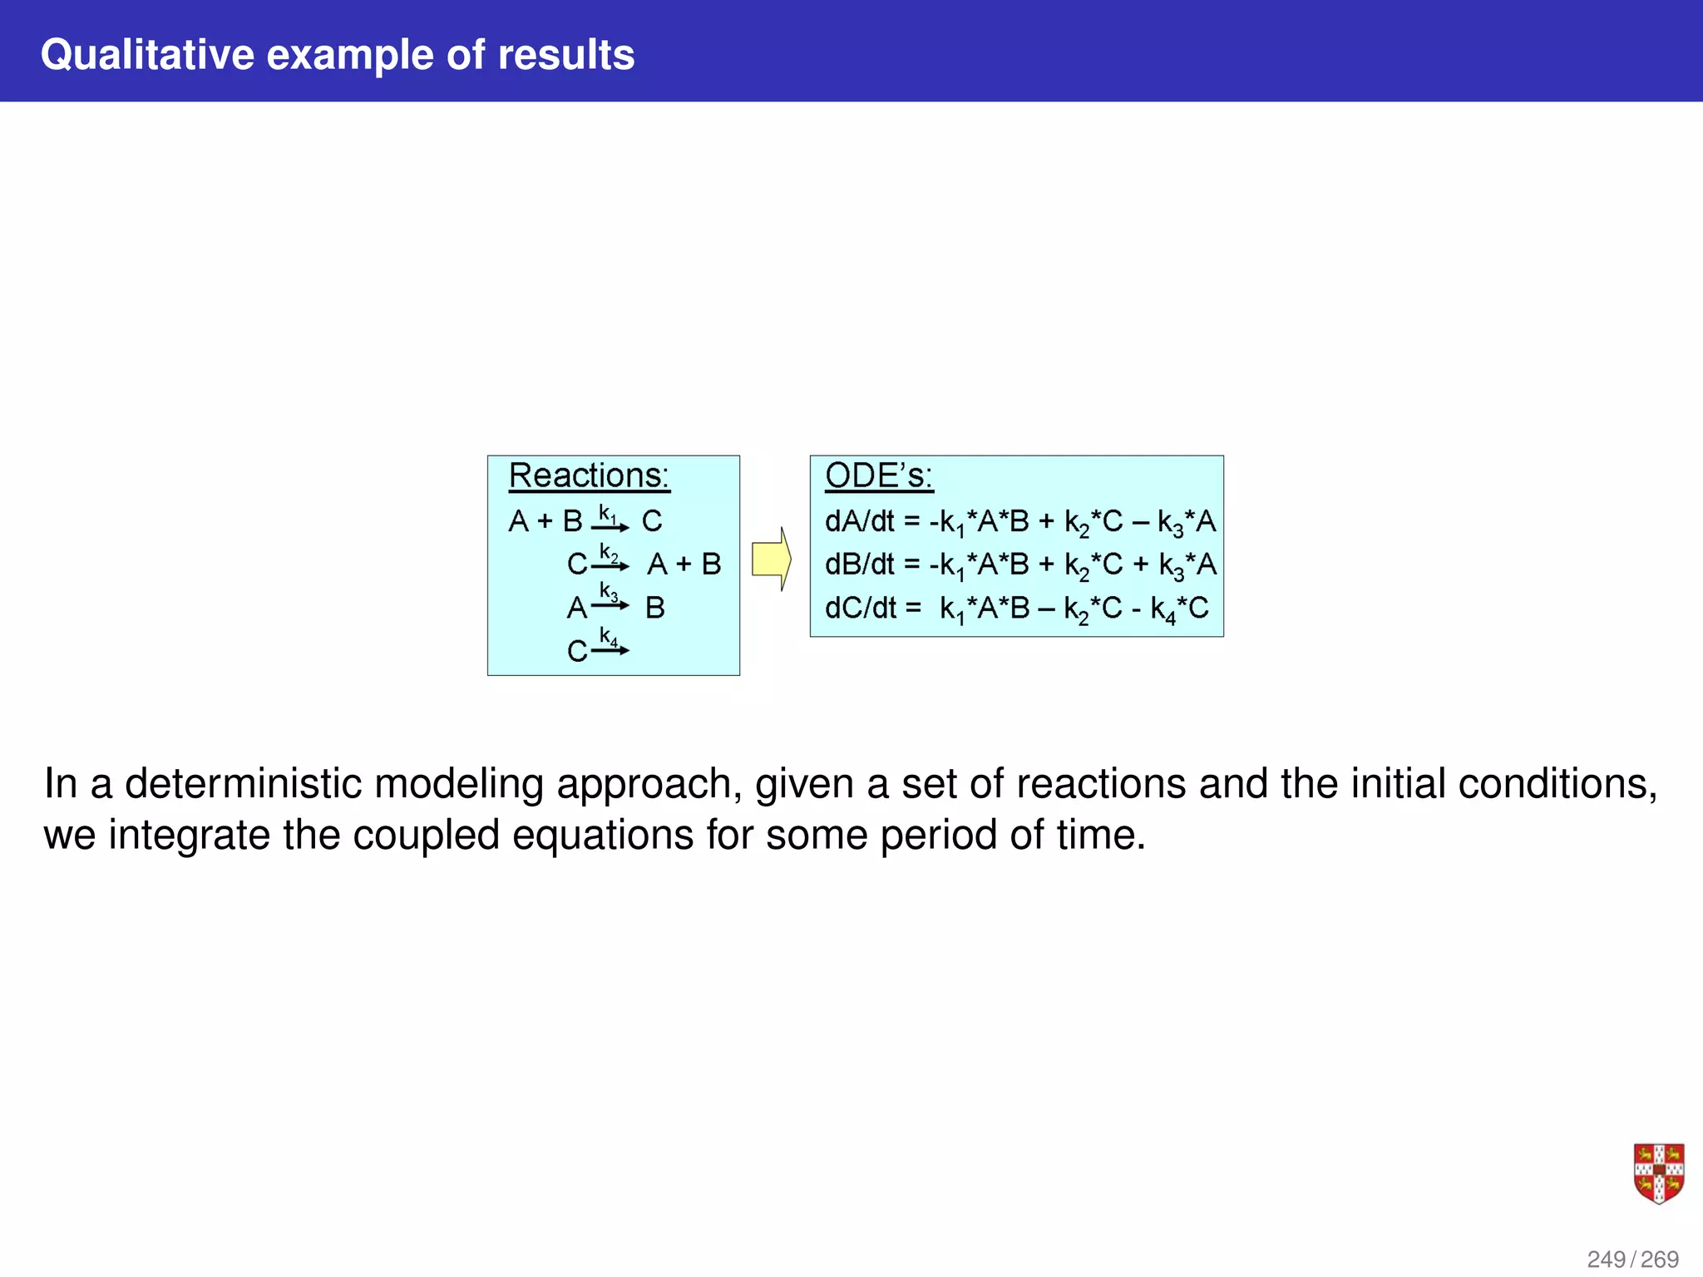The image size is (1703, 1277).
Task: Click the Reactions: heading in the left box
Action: coord(589,476)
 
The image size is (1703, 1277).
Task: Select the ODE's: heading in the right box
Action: coord(878,476)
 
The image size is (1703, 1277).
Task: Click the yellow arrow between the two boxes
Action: coord(771,559)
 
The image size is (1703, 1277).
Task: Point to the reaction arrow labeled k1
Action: coord(610,526)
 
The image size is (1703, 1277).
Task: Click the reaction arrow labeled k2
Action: coord(610,566)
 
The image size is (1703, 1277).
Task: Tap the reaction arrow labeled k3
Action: coord(610,605)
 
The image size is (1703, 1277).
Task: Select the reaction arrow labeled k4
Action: coord(610,649)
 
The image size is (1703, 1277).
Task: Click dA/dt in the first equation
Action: coord(859,522)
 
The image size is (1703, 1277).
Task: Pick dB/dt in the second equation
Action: coord(859,565)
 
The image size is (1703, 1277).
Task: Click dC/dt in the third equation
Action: coord(859,609)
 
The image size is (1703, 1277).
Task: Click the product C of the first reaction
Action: coord(652,521)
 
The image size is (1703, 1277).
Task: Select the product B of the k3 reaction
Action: coord(655,608)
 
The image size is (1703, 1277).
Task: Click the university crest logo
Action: coord(1658,1173)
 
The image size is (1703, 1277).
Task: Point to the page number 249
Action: coord(1606,1260)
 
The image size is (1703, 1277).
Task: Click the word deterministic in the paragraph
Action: coord(243,783)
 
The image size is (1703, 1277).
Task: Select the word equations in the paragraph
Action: coord(602,835)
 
